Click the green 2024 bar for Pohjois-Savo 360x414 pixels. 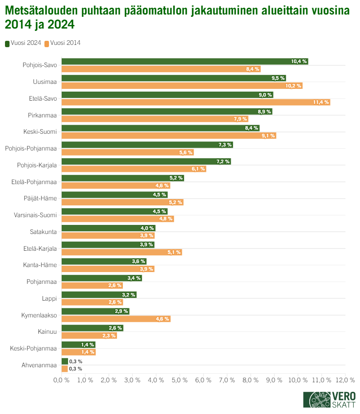[185, 61]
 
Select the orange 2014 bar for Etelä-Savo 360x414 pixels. [195, 102]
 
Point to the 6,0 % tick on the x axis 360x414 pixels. [203, 380]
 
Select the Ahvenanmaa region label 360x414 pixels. [39, 365]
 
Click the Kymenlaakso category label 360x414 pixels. [39, 315]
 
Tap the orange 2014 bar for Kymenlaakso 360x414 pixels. [116, 319]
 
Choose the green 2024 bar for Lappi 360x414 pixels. [99, 295]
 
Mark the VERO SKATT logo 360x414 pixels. [330, 399]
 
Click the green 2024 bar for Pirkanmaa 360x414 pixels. [166, 111]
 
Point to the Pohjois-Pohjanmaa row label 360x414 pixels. [31, 148]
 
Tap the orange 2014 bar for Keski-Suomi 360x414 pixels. [169, 136]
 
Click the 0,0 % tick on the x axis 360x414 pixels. [61, 380]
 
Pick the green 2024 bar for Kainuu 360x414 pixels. [92, 328]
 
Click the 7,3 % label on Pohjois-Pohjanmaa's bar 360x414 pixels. [225, 145]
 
